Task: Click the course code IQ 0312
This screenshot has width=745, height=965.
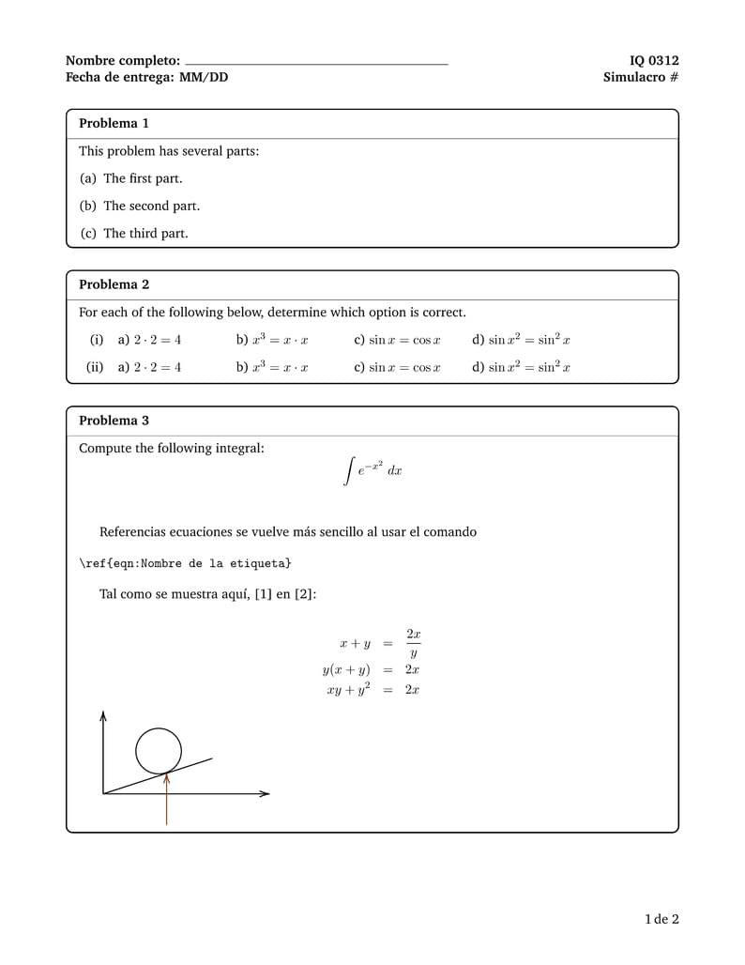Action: pyautogui.click(x=653, y=61)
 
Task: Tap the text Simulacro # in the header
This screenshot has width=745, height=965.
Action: pyautogui.click(x=640, y=78)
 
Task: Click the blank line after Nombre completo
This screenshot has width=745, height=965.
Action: pyautogui.click(x=316, y=62)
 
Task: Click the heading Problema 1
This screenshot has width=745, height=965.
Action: pyautogui.click(x=114, y=124)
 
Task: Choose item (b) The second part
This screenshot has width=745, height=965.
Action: pyautogui.click(x=139, y=206)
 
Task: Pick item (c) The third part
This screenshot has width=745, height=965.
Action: pyautogui.click(x=133, y=234)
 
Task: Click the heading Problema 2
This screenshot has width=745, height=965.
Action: pyautogui.click(x=114, y=284)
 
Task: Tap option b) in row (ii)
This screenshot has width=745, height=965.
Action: pyautogui.click(x=272, y=367)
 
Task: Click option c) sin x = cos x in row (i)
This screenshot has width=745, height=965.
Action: pyautogui.click(x=397, y=340)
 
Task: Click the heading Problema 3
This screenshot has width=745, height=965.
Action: pyautogui.click(x=114, y=421)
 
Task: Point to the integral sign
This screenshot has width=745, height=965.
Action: pyautogui.click(x=349, y=471)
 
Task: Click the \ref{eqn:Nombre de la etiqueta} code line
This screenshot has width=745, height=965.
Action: pyautogui.click(x=185, y=563)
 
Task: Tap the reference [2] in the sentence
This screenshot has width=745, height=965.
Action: pyautogui.click(x=305, y=594)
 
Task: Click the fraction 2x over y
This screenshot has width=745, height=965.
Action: pyautogui.click(x=413, y=644)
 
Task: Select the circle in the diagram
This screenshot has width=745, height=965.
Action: pyautogui.click(x=159, y=751)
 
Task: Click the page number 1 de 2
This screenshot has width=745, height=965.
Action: pyautogui.click(x=661, y=919)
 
